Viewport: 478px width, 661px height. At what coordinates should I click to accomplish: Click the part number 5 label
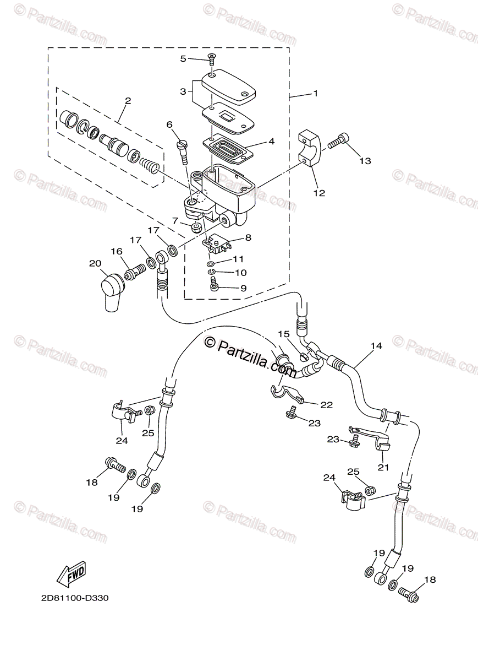click(x=183, y=59)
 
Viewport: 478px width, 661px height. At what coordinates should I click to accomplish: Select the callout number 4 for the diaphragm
click(x=271, y=141)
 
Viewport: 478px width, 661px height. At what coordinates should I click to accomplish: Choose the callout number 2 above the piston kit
click(x=128, y=101)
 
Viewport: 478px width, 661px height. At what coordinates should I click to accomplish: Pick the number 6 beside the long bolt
click(x=169, y=124)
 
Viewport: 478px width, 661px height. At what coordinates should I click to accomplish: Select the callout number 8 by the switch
click(x=248, y=238)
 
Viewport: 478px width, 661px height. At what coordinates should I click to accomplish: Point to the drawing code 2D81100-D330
click(x=74, y=598)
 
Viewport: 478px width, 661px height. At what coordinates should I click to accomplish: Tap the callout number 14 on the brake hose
click(x=376, y=346)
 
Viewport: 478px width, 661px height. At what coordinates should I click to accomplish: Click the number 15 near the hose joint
click(x=283, y=334)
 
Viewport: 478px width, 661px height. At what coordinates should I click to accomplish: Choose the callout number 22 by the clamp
click(x=327, y=405)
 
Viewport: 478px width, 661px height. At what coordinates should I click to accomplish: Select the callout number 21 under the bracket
click(x=383, y=467)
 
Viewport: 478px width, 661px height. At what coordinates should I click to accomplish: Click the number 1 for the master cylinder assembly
click(x=315, y=94)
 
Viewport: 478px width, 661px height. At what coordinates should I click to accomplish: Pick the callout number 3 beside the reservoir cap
click(x=183, y=91)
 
